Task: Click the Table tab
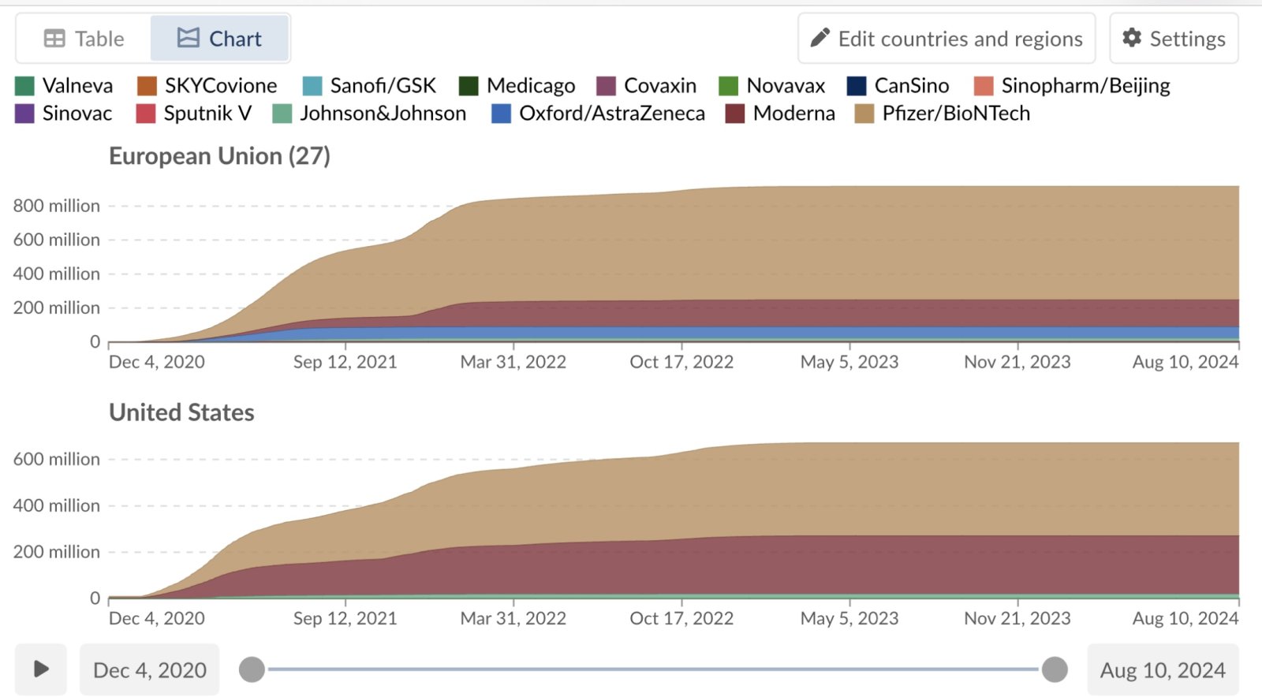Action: pyautogui.click(x=84, y=39)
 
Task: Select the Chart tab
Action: pyautogui.click(x=219, y=39)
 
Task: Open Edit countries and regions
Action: pyautogui.click(x=946, y=39)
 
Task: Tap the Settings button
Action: pyautogui.click(x=1174, y=39)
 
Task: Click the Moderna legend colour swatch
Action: pyautogui.click(x=735, y=114)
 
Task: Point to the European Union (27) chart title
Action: pyautogui.click(x=219, y=156)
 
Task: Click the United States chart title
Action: pyautogui.click(x=181, y=412)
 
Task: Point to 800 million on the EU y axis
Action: pyautogui.click(x=57, y=206)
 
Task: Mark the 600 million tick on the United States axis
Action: pyautogui.click(x=57, y=459)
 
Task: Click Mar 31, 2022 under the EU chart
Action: pyautogui.click(x=513, y=362)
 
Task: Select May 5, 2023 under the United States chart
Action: pyautogui.click(x=849, y=618)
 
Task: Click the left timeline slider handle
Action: pyautogui.click(x=252, y=669)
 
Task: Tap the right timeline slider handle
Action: pyautogui.click(x=1055, y=669)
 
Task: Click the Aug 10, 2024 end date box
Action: pyautogui.click(x=1163, y=670)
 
